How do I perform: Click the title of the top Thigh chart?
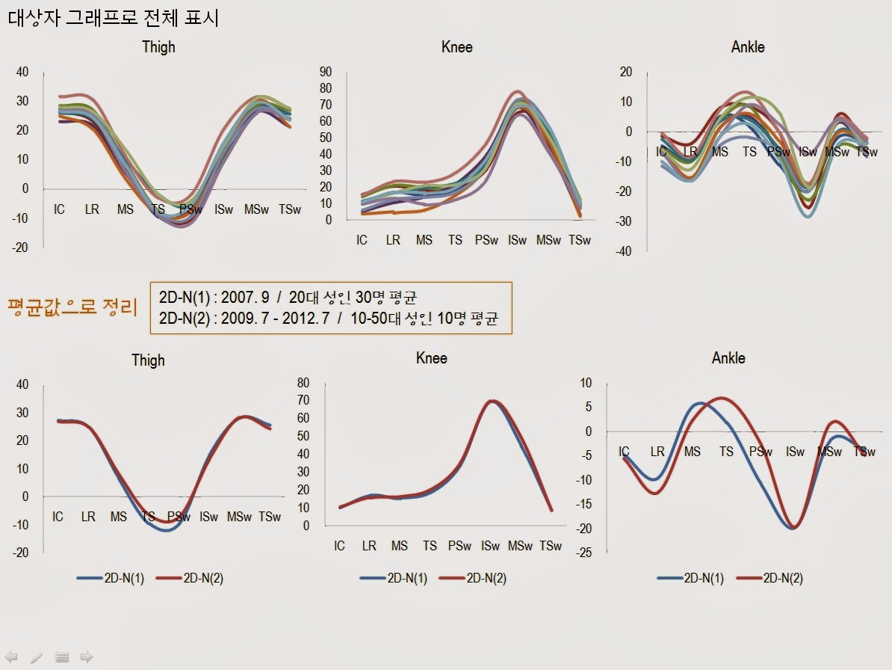(x=158, y=46)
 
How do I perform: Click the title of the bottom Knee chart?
(x=431, y=358)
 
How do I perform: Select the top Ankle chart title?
(x=747, y=47)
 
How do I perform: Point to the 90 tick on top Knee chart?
(x=326, y=72)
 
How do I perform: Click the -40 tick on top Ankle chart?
(x=623, y=251)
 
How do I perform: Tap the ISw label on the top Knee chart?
(x=517, y=240)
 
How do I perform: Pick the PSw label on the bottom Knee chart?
(x=459, y=546)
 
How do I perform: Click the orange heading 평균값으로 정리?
(x=72, y=308)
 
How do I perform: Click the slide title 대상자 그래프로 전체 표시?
(x=114, y=18)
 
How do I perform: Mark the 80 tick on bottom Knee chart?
(x=303, y=382)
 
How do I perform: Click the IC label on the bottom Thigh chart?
(x=58, y=517)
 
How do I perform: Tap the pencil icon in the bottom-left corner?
(x=37, y=657)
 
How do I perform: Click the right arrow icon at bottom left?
(x=87, y=657)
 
